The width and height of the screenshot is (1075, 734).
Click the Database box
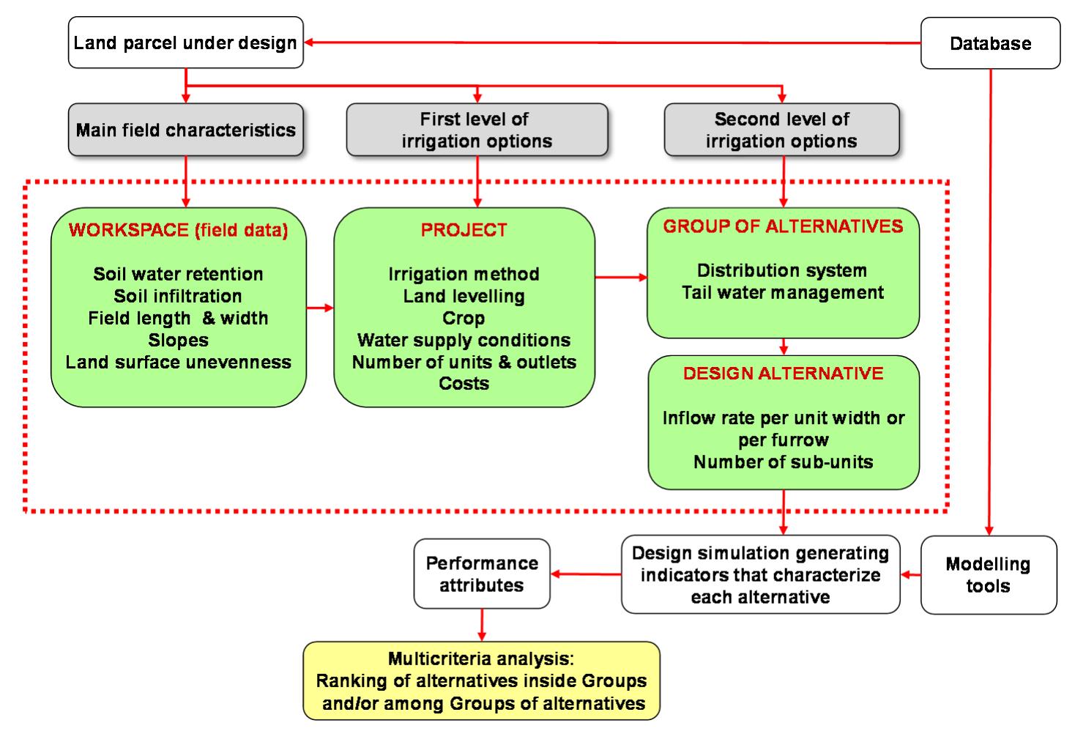(989, 43)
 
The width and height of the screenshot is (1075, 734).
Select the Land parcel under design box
(185, 42)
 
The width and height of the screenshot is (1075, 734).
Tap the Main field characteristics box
(185, 130)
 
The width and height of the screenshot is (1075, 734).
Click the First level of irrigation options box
(476, 130)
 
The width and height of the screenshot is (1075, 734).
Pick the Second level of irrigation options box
(781, 130)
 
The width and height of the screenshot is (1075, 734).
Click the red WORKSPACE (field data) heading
(178, 230)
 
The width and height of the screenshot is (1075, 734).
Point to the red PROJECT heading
(464, 230)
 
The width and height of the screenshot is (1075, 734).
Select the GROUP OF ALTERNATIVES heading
(783, 226)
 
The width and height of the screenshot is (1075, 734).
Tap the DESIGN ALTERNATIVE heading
(783, 374)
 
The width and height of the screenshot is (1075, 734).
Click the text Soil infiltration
(178, 296)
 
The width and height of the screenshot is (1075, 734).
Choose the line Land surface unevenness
(178, 362)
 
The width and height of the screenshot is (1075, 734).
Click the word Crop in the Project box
(464, 318)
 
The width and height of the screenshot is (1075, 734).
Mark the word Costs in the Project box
(464, 383)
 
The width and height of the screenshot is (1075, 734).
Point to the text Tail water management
(783, 292)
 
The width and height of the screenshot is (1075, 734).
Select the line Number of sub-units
(783, 462)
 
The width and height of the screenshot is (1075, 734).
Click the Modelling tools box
(988, 575)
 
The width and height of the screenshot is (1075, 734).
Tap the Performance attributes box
(481, 574)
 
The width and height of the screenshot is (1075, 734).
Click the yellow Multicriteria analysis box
(481, 681)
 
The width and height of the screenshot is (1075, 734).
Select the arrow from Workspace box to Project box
(320, 308)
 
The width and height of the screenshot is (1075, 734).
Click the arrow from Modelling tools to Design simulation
(910, 575)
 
